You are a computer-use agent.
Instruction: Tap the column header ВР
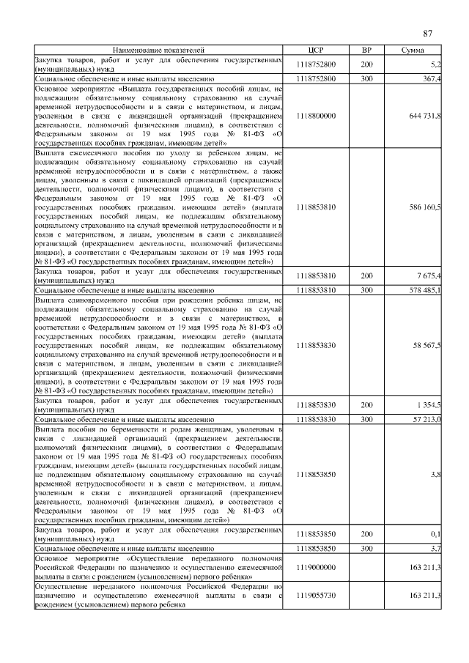(x=366, y=49)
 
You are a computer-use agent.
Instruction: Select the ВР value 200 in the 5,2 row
(x=366, y=64)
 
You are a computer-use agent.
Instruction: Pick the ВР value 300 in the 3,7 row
(x=366, y=548)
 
